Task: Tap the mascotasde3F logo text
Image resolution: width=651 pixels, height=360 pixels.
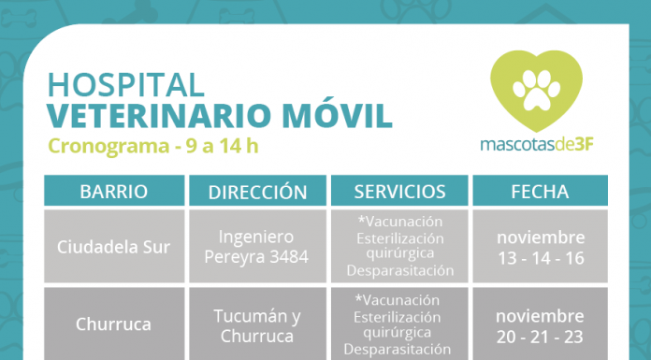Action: click(536, 146)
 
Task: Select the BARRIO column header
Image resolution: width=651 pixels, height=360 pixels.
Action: click(114, 192)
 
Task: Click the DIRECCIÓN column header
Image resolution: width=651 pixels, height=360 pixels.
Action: click(257, 192)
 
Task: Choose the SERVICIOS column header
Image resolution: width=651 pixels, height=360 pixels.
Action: click(399, 192)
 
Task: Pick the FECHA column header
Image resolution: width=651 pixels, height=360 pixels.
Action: click(540, 192)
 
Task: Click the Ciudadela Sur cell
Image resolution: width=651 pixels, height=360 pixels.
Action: click(114, 246)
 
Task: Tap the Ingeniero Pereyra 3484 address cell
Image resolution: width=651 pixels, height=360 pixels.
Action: click(257, 246)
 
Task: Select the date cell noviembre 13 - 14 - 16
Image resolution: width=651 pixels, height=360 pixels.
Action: click(540, 246)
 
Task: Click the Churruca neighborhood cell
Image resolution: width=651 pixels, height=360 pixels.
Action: click(114, 326)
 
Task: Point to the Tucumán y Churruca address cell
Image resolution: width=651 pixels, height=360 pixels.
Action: click(257, 326)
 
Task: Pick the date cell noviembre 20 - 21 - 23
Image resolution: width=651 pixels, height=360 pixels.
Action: click(540, 325)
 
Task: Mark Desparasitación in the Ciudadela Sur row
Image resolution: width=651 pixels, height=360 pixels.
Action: click(399, 271)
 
